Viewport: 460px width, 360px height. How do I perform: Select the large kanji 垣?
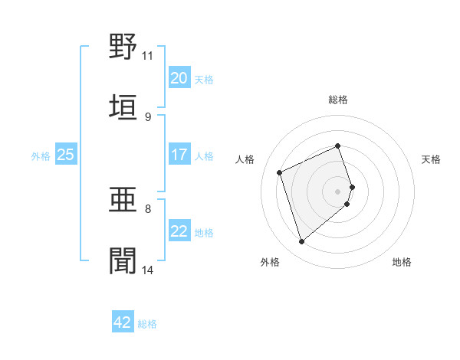pos(123,107)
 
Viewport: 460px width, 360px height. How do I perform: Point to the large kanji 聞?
pos(123,261)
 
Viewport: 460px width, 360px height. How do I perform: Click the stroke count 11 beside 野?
pos(148,56)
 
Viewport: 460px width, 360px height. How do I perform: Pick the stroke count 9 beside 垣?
pos(148,116)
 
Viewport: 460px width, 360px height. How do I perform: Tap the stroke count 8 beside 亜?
pos(148,208)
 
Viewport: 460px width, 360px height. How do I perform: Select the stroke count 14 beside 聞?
pos(148,270)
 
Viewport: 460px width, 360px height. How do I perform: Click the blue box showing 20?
pos(179,78)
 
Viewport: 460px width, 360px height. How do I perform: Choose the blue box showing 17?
pos(179,155)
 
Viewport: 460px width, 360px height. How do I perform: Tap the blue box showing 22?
pos(179,232)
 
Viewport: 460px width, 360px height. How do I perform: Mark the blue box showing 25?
pos(66,155)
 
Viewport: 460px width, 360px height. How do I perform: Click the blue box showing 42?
pos(123,322)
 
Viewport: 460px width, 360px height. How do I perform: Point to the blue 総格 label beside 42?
pos(148,324)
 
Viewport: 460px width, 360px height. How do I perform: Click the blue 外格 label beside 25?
pos(41,156)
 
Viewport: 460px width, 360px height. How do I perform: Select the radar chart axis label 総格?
pos(338,100)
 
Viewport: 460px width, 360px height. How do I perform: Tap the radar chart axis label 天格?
pos(432,159)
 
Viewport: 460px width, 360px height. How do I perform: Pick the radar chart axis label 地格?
pos(402,262)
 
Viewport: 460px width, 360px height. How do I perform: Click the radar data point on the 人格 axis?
pos(281,172)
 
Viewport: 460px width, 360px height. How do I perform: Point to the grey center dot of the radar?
pos(338,191)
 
